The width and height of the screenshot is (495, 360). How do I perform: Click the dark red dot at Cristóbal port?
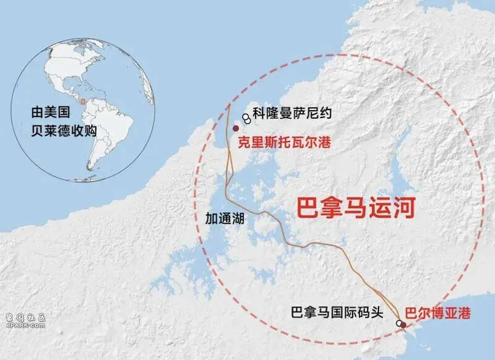[235, 128]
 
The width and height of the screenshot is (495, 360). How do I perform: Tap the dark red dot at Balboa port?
[403, 324]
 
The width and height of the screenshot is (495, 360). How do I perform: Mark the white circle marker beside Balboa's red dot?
[398, 323]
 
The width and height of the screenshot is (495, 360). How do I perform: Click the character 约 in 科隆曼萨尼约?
[327, 113]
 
